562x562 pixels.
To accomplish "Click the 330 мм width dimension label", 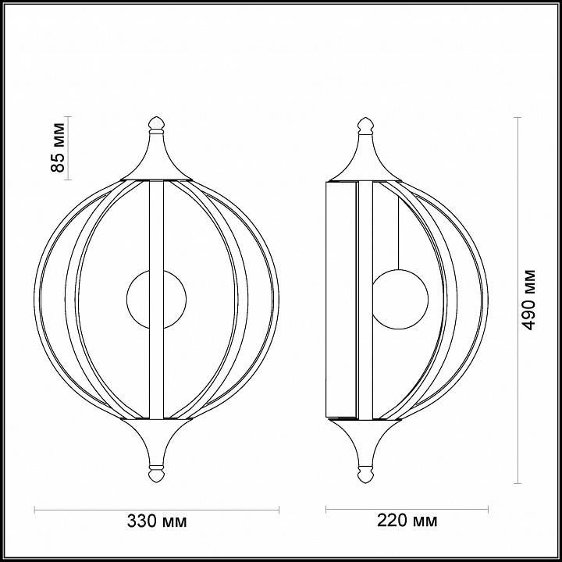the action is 157,521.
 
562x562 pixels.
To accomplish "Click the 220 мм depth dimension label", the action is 407,521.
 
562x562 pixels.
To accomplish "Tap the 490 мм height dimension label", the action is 528,300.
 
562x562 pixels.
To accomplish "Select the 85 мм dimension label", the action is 58,148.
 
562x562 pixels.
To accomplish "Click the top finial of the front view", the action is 156,125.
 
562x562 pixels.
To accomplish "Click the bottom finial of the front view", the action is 156,474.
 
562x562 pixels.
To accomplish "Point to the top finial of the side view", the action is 365,126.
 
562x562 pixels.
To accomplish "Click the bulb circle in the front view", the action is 156,299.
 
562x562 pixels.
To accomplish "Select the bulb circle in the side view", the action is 400,299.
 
